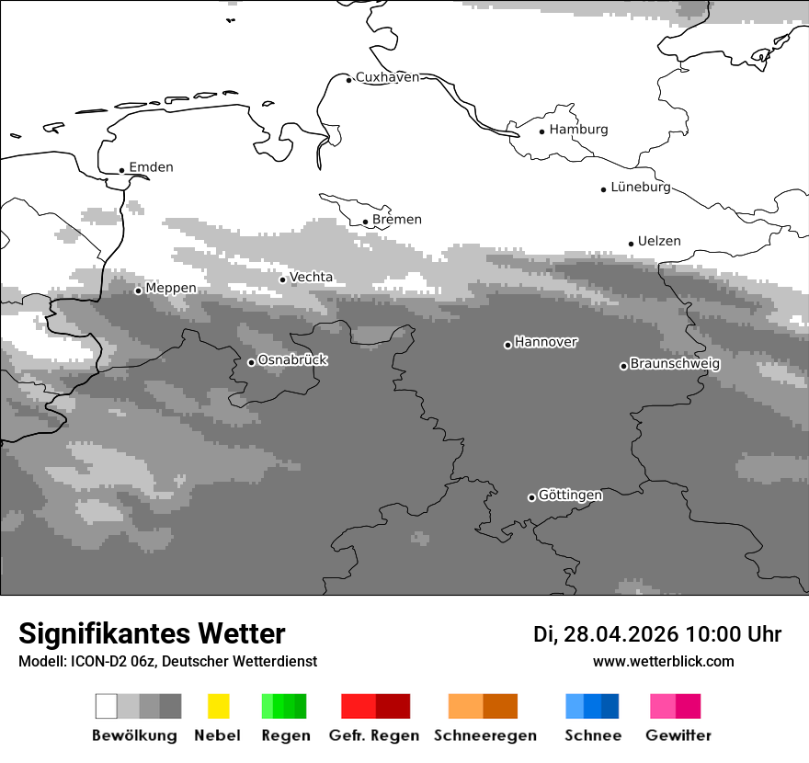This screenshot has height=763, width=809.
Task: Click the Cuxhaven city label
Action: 387,77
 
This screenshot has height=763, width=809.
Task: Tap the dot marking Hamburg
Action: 541,131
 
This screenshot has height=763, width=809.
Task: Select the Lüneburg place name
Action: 641,188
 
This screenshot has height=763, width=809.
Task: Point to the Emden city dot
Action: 121,170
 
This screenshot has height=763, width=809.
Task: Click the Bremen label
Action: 397,220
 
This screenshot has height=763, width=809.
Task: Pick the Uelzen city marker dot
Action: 631,244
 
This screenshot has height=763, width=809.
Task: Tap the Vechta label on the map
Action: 312,277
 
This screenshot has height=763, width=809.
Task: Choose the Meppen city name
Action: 171,288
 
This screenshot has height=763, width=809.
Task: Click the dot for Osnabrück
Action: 251,362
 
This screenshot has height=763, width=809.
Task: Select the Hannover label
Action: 546,342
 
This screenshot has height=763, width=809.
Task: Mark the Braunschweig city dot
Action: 623,366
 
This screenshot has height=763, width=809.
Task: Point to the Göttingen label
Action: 570,495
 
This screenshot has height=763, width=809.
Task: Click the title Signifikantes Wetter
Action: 152,634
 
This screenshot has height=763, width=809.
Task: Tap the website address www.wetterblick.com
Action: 664,661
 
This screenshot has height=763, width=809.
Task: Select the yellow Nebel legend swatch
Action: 218,706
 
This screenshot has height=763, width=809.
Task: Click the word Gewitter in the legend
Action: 678,735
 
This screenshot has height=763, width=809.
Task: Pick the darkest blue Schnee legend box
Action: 610,706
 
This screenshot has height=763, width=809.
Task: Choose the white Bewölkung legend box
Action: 106,706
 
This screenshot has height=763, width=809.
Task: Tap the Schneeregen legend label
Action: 484,735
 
